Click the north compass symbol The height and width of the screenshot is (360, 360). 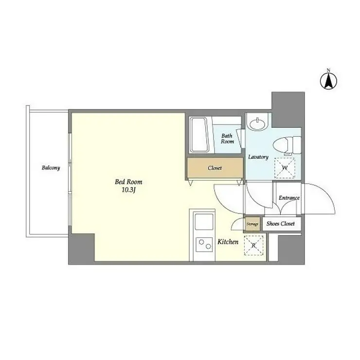click(x=328, y=81)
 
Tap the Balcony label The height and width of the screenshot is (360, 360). click(x=51, y=168)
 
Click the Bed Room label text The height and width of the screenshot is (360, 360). click(x=128, y=182)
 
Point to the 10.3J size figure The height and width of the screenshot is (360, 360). click(x=128, y=190)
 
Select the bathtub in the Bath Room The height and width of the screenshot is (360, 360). click(x=199, y=135)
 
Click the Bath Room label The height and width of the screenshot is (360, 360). click(x=227, y=139)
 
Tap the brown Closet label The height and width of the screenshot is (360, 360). click(x=215, y=168)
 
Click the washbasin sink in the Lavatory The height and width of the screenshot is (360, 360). click(x=258, y=124)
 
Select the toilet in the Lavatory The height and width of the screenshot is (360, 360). click(x=287, y=145)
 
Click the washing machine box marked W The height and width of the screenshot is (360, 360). click(x=285, y=168)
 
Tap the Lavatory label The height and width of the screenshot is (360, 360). click(x=258, y=157)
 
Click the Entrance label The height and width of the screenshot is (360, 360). click(x=289, y=198)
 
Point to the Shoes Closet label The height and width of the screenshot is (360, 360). click(x=281, y=223)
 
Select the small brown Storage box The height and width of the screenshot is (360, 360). click(x=252, y=224)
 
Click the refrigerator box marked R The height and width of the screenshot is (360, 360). click(x=253, y=246)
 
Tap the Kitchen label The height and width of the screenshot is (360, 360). click(x=228, y=242)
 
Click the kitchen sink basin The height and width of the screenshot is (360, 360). click(x=204, y=221)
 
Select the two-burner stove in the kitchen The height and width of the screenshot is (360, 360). click(x=204, y=245)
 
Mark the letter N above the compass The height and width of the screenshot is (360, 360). click(x=328, y=70)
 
